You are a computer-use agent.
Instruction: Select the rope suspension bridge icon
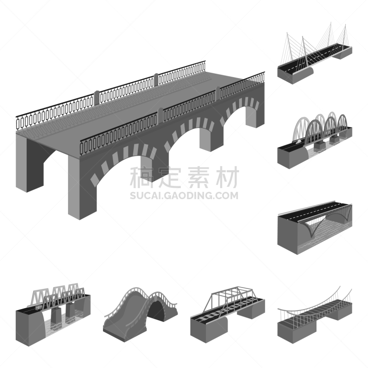[x=315, y=317]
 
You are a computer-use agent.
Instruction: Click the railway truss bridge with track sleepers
[x=227, y=313]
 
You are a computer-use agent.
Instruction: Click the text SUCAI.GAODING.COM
[x=184, y=195]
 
